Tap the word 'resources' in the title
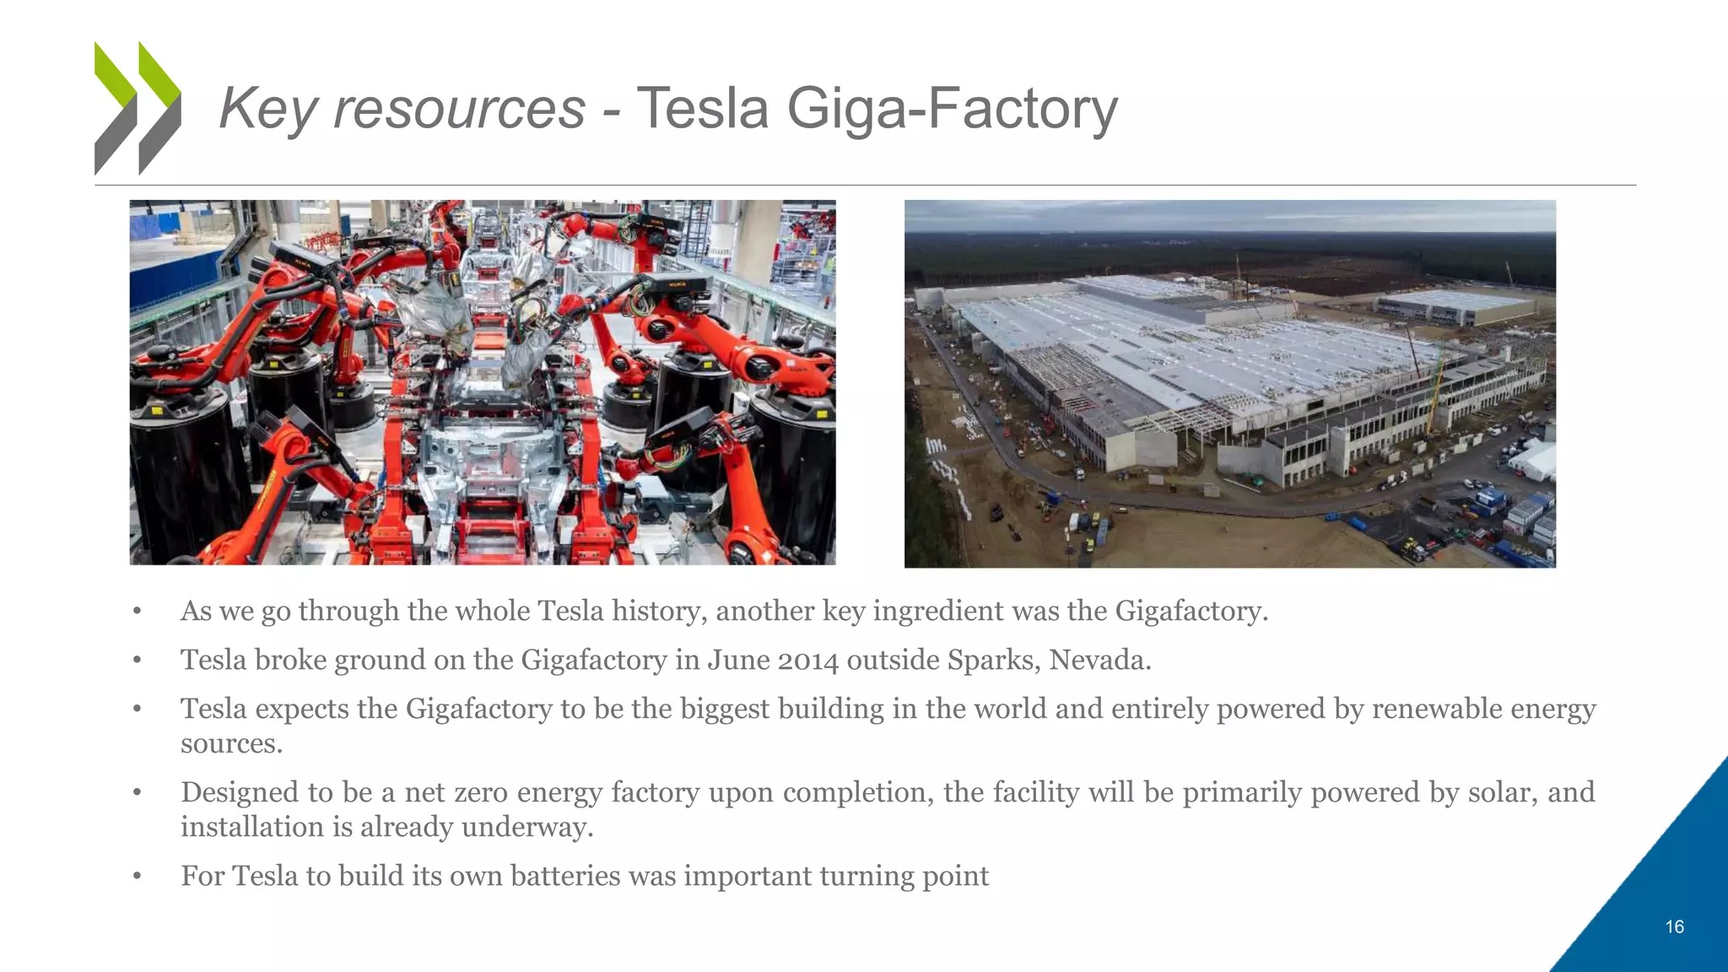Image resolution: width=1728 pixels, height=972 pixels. pos(459,110)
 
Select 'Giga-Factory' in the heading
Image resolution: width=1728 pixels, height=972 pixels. pos(952,110)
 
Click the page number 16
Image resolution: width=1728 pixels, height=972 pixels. pos(1674,927)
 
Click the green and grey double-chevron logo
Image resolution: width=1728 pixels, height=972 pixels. pos(138,108)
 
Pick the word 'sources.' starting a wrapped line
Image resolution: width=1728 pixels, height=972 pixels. pos(231,744)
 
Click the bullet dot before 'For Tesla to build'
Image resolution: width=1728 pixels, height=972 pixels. pos(137,877)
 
